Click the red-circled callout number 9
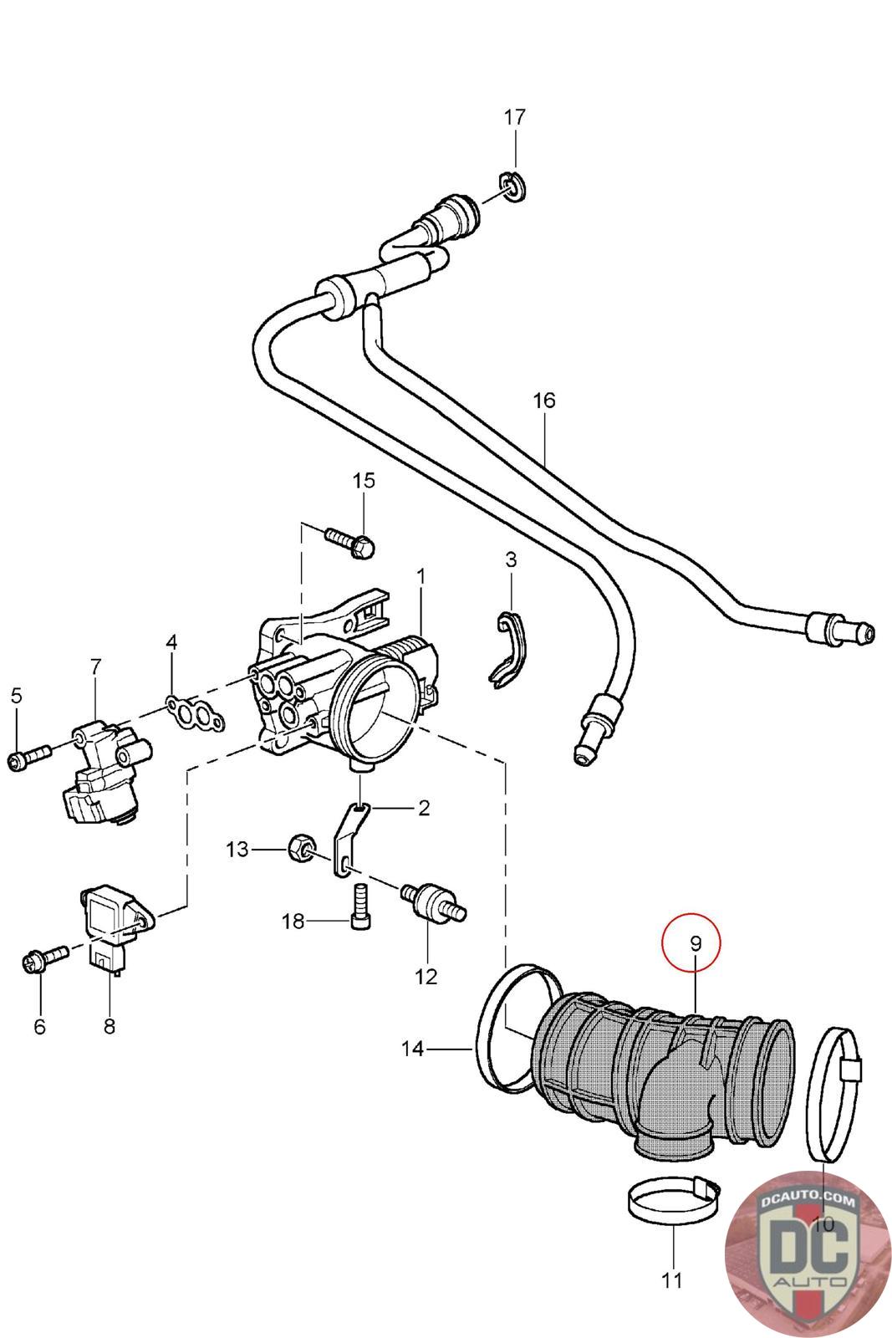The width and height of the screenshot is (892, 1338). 695,943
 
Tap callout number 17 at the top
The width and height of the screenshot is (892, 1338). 514,117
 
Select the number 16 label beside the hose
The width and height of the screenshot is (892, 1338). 544,401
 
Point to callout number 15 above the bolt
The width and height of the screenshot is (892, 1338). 364,480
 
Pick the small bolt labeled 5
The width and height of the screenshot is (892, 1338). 30,758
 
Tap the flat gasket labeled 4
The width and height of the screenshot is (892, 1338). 196,715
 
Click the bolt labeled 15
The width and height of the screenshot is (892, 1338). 350,542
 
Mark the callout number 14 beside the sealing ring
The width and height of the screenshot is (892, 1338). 413,1049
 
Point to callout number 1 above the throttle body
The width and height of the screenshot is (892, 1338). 421,577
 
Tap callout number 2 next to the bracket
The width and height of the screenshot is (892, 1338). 423,808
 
